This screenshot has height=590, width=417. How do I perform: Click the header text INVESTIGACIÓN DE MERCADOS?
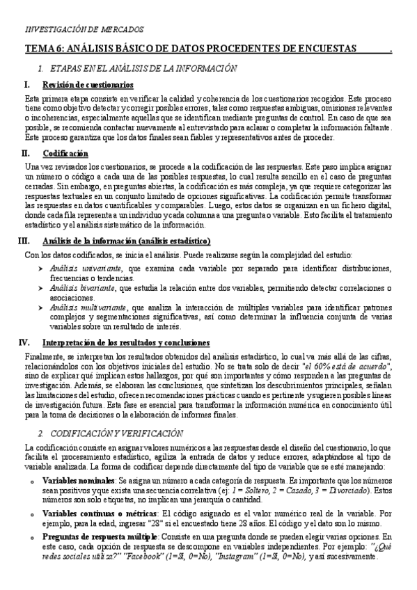pos(84,29)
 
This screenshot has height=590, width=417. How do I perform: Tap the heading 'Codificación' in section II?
pos(65,152)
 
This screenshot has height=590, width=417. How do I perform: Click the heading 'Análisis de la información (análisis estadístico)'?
pos(126,241)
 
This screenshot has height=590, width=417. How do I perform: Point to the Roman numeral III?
pos(23,241)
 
